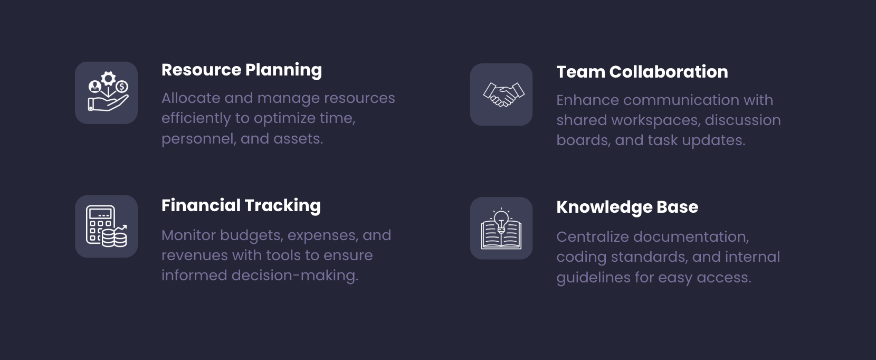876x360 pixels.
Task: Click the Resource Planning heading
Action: pyautogui.click(x=242, y=70)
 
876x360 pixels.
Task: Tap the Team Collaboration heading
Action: pyautogui.click(x=642, y=72)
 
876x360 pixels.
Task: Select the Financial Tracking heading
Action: pyautogui.click(x=241, y=206)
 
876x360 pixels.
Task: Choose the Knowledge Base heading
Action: pyautogui.click(x=627, y=207)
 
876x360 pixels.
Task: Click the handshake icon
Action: pyautogui.click(x=503, y=94)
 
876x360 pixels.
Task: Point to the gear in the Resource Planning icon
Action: pyautogui.click(x=108, y=78)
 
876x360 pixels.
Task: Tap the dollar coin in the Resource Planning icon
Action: pyautogui.click(x=122, y=87)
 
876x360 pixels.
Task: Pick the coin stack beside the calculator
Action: pyautogui.click(x=115, y=238)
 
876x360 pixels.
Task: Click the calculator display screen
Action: pyautogui.click(x=101, y=214)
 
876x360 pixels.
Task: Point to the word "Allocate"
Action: pyautogui.click(x=191, y=98)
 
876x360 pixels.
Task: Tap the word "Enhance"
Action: pyautogui.click(x=587, y=100)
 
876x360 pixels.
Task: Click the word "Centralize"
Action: pyautogui.click(x=593, y=237)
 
